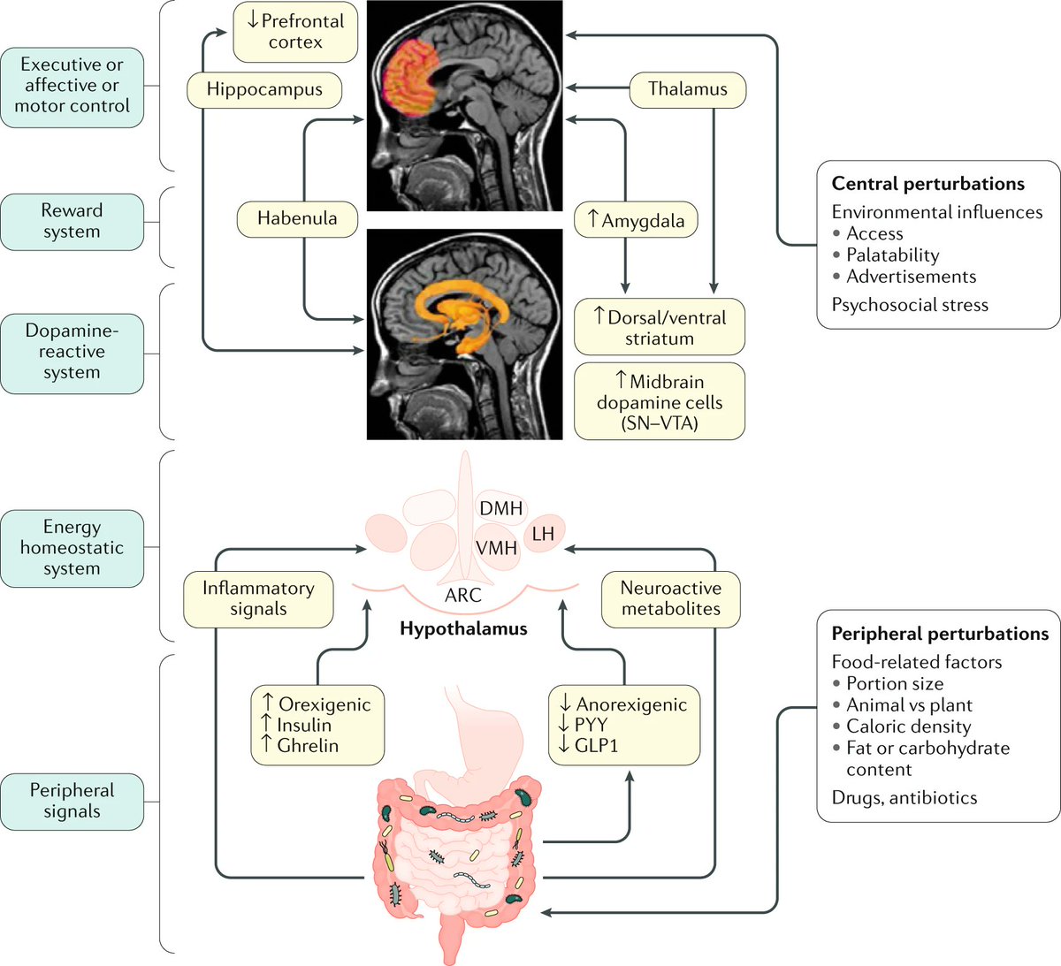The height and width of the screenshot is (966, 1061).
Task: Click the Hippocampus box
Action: point(264,89)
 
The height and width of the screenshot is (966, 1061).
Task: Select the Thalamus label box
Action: point(688,89)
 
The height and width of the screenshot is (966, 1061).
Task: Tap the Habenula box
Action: point(297,218)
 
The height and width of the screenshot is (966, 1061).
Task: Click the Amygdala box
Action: point(636,219)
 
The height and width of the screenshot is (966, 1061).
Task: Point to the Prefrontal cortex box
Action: point(295,31)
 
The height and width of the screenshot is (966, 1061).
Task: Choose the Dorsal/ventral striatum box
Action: point(660,327)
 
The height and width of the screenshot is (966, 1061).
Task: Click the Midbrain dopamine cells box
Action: point(660,400)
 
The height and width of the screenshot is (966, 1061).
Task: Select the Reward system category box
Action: point(72,222)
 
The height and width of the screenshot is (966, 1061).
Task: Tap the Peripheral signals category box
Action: point(72,802)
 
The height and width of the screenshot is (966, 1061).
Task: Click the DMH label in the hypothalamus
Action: point(501,508)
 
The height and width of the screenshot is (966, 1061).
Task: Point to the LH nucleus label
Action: point(543,534)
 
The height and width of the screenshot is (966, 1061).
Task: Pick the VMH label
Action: point(496,548)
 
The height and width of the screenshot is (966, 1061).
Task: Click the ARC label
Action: point(462,595)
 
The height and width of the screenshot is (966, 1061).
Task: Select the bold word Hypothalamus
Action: point(463,628)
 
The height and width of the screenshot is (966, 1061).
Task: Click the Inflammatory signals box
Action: point(259,599)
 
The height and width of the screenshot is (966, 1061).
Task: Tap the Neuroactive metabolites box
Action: point(671,599)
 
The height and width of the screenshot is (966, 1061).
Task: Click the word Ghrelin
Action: point(308,745)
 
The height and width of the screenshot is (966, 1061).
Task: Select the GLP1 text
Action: point(596,745)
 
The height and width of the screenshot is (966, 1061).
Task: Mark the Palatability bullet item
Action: point(886,255)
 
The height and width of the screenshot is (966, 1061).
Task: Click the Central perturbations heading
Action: point(927,184)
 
